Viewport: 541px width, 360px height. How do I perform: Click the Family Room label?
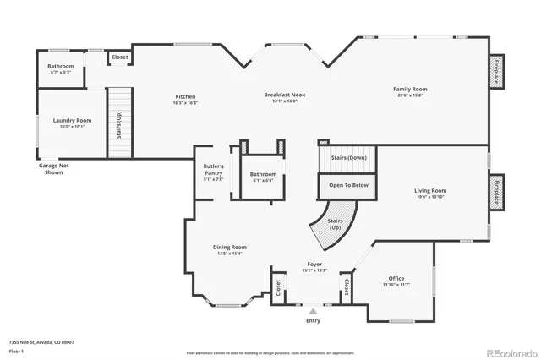click(x=409, y=89)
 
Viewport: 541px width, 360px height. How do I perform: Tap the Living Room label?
click(x=430, y=191)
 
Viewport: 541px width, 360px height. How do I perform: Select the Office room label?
click(x=396, y=278)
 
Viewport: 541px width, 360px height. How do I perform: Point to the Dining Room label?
click(x=229, y=247)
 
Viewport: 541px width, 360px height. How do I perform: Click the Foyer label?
click(x=314, y=265)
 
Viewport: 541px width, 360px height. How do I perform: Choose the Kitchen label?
click(x=185, y=96)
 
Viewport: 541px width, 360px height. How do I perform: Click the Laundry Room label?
click(x=72, y=121)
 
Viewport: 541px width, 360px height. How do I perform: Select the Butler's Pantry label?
click(x=213, y=170)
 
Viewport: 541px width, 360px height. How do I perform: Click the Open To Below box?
click(x=347, y=184)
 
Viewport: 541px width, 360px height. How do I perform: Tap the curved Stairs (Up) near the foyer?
click(x=335, y=221)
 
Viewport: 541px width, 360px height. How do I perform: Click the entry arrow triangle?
click(x=313, y=311)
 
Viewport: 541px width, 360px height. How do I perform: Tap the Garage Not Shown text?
click(x=53, y=168)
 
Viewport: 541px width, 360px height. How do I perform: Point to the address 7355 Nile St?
click(x=41, y=342)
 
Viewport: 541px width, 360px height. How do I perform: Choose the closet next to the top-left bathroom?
click(x=119, y=58)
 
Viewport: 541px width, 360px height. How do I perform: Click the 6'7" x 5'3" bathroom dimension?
click(x=60, y=73)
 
